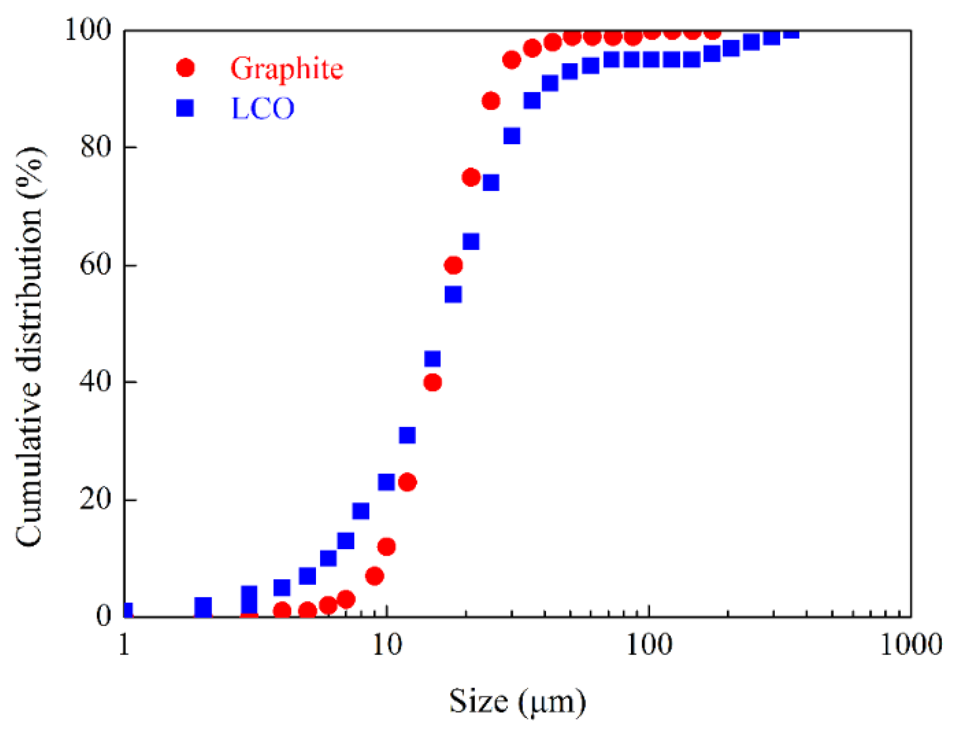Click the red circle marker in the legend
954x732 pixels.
point(185,67)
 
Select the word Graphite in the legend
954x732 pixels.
point(286,68)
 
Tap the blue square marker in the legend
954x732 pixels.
point(185,108)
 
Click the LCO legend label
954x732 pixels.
point(262,108)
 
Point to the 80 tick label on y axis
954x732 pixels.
point(95,147)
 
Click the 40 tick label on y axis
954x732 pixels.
point(95,381)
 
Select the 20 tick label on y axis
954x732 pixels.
point(95,499)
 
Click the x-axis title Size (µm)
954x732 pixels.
point(517,701)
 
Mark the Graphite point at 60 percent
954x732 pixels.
point(453,265)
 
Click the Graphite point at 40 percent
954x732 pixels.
point(432,382)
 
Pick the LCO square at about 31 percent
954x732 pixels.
point(407,435)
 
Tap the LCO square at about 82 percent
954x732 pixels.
point(511,136)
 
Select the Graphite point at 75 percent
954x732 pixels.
point(471,177)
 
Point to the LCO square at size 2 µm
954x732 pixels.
point(203,606)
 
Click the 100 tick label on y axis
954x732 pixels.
point(88,30)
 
